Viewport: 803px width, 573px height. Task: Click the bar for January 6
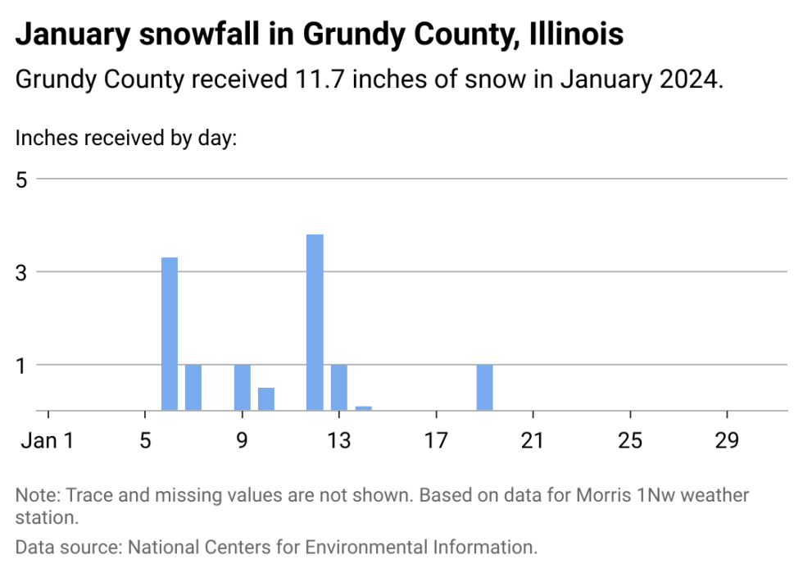[170, 334]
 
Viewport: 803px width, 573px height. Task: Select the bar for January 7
[193, 387]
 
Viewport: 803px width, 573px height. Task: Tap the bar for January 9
[242, 387]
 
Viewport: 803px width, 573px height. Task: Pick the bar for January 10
[266, 398]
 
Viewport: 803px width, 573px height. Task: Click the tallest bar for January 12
[315, 322]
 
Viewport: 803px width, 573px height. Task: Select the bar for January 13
[339, 387]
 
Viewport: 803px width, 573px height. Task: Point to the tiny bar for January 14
[364, 407]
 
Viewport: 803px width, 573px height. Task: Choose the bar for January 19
[485, 387]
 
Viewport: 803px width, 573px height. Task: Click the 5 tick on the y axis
[22, 179]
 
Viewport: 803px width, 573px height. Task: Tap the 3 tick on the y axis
[22, 271]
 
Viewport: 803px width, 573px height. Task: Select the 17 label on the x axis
[437, 440]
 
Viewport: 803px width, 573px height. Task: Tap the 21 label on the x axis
[533, 440]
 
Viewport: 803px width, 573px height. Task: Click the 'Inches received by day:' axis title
[125, 137]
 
